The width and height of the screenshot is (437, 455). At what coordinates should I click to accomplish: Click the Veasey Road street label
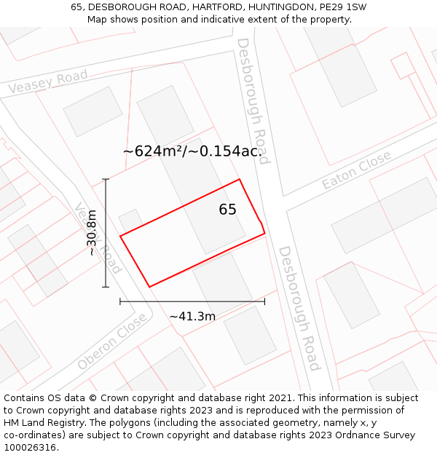pyautogui.click(x=48, y=82)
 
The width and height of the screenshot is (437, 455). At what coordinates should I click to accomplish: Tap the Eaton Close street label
pyautogui.click(x=356, y=170)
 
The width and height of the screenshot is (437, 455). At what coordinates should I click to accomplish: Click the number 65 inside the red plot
pyautogui.click(x=227, y=210)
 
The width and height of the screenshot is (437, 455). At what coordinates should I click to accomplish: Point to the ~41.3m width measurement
pyautogui.click(x=192, y=317)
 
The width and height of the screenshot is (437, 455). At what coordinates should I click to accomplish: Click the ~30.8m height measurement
pyautogui.click(x=92, y=233)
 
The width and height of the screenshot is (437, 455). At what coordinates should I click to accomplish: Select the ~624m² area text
pyautogui.click(x=192, y=151)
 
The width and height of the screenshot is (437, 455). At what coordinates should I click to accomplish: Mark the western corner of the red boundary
pyautogui.click(x=120, y=236)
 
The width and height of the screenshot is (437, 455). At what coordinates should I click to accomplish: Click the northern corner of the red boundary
pyautogui.click(x=240, y=179)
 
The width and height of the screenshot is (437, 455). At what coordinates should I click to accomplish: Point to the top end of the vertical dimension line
pyautogui.click(x=106, y=179)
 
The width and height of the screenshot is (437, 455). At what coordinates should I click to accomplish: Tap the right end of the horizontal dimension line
pyautogui.click(x=264, y=301)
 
